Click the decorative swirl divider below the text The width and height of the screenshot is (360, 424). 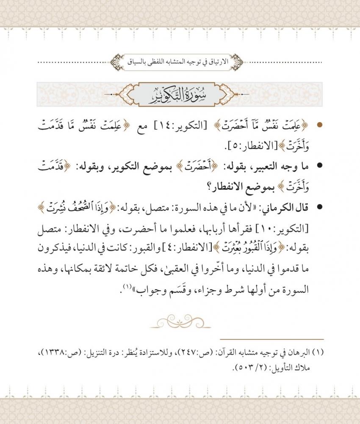click(180, 320)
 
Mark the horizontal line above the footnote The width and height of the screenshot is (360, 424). click(272, 339)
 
